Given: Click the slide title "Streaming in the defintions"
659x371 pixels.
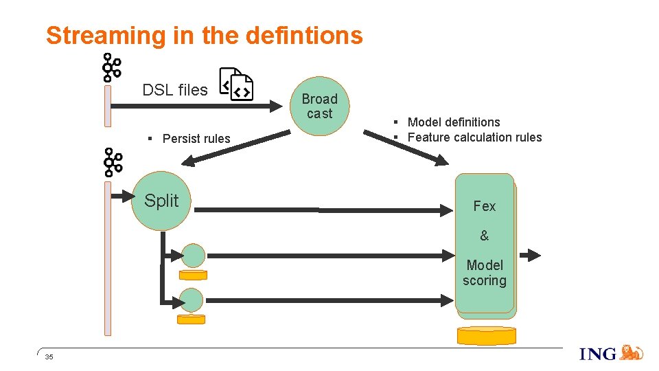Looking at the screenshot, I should (x=204, y=36).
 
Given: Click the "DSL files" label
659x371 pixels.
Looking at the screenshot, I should (x=174, y=90).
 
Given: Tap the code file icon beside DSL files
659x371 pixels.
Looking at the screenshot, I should (x=236, y=85).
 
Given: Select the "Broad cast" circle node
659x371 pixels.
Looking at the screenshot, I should (x=319, y=106).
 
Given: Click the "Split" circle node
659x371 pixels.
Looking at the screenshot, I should (x=161, y=201).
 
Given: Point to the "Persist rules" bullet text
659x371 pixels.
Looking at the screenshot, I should (x=196, y=139).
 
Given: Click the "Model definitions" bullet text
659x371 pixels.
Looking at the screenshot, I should (x=453, y=122).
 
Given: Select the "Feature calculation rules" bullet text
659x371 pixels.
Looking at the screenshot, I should (x=474, y=137).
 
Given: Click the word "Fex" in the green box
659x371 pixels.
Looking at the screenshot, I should (x=484, y=206).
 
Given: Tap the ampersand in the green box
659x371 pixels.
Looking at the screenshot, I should (x=484, y=236).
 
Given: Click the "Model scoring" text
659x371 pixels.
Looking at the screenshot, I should (x=484, y=273).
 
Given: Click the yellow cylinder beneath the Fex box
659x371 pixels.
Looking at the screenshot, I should (x=486, y=335).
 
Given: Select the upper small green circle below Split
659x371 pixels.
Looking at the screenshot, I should (x=194, y=256).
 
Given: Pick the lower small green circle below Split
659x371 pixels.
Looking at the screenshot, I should (x=192, y=300).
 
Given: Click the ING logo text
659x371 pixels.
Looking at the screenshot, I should (x=598, y=354).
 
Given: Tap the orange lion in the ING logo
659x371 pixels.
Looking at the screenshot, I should (x=631, y=352).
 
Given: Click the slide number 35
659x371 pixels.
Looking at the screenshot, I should (x=49, y=357).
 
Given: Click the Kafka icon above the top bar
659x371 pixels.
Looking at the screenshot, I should (x=111, y=67).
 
